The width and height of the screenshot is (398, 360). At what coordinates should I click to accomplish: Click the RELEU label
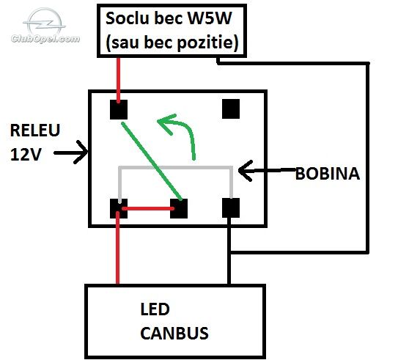coord(35,131)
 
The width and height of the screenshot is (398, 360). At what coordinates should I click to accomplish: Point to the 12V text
coord(26,154)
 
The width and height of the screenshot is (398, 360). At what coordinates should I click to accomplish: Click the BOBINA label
coord(328,174)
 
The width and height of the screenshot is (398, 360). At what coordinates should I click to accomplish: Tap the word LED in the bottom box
coord(155,309)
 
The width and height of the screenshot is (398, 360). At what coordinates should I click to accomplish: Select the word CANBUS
coord(174,333)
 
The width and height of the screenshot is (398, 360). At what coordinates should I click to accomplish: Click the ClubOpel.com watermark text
coord(45,39)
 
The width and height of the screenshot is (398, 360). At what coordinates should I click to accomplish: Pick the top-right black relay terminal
coord(231,109)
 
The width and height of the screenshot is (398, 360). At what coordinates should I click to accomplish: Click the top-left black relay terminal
coord(119,109)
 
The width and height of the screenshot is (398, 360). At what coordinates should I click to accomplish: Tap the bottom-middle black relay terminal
coord(179,208)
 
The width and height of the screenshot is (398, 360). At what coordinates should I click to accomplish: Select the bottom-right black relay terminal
coord(231,208)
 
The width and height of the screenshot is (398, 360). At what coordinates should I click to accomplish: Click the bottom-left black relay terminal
coord(119,208)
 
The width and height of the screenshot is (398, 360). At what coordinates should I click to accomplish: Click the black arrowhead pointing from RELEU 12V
coord(82,152)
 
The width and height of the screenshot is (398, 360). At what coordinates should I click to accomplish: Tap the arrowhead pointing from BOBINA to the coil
coord(245,171)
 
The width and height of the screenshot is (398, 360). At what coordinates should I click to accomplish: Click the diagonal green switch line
coord(152,161)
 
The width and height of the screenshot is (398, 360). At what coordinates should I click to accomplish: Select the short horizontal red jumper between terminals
coord(148,209)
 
